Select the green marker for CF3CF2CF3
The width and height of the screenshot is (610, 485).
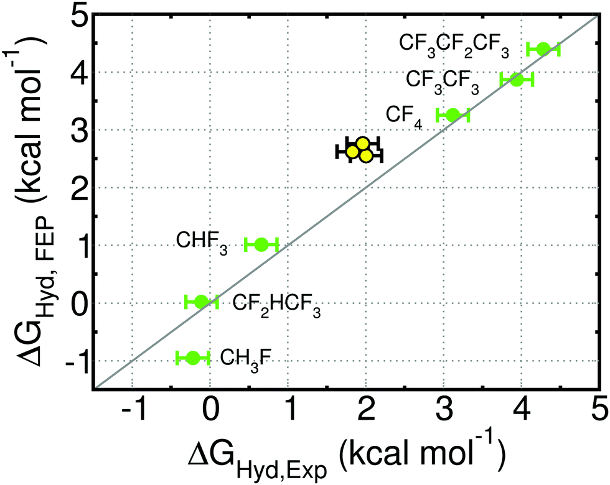point(543,48)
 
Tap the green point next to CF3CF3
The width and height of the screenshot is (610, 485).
point(517,79)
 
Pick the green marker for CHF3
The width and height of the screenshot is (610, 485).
point(261,244)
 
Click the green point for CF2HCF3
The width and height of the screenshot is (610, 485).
point(201,302)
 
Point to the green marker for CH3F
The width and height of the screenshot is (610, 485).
point(192,358)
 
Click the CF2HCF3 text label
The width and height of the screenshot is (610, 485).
point(276,305)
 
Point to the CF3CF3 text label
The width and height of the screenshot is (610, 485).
point(443,81)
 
